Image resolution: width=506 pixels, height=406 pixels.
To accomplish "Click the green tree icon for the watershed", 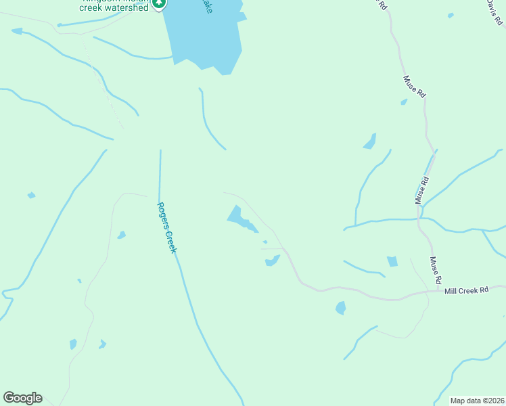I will [x=159, y=4].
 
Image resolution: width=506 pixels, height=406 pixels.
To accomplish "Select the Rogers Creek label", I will [x=166, y=227].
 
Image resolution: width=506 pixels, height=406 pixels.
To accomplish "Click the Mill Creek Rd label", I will [x=466, y=290].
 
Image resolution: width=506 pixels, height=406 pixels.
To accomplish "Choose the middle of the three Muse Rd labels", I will [x=422, y=191].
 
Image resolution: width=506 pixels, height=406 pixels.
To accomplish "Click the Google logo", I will [x=22, y=398].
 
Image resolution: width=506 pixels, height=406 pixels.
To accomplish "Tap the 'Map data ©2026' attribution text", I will [x=477, y=401].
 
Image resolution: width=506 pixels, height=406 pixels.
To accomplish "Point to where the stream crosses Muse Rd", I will [x=421, y=219].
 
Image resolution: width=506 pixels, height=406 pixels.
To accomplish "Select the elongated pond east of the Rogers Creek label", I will [x=240, y=219].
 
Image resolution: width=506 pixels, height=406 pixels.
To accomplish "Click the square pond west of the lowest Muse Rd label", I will [x=392, y=261].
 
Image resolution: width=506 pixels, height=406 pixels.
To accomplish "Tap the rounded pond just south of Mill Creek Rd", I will [x=340, y=308].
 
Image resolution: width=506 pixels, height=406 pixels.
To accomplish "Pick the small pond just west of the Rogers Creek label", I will [x=121, y=235].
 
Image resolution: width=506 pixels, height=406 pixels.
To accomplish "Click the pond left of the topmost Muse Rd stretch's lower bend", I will [x=370, y=141].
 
